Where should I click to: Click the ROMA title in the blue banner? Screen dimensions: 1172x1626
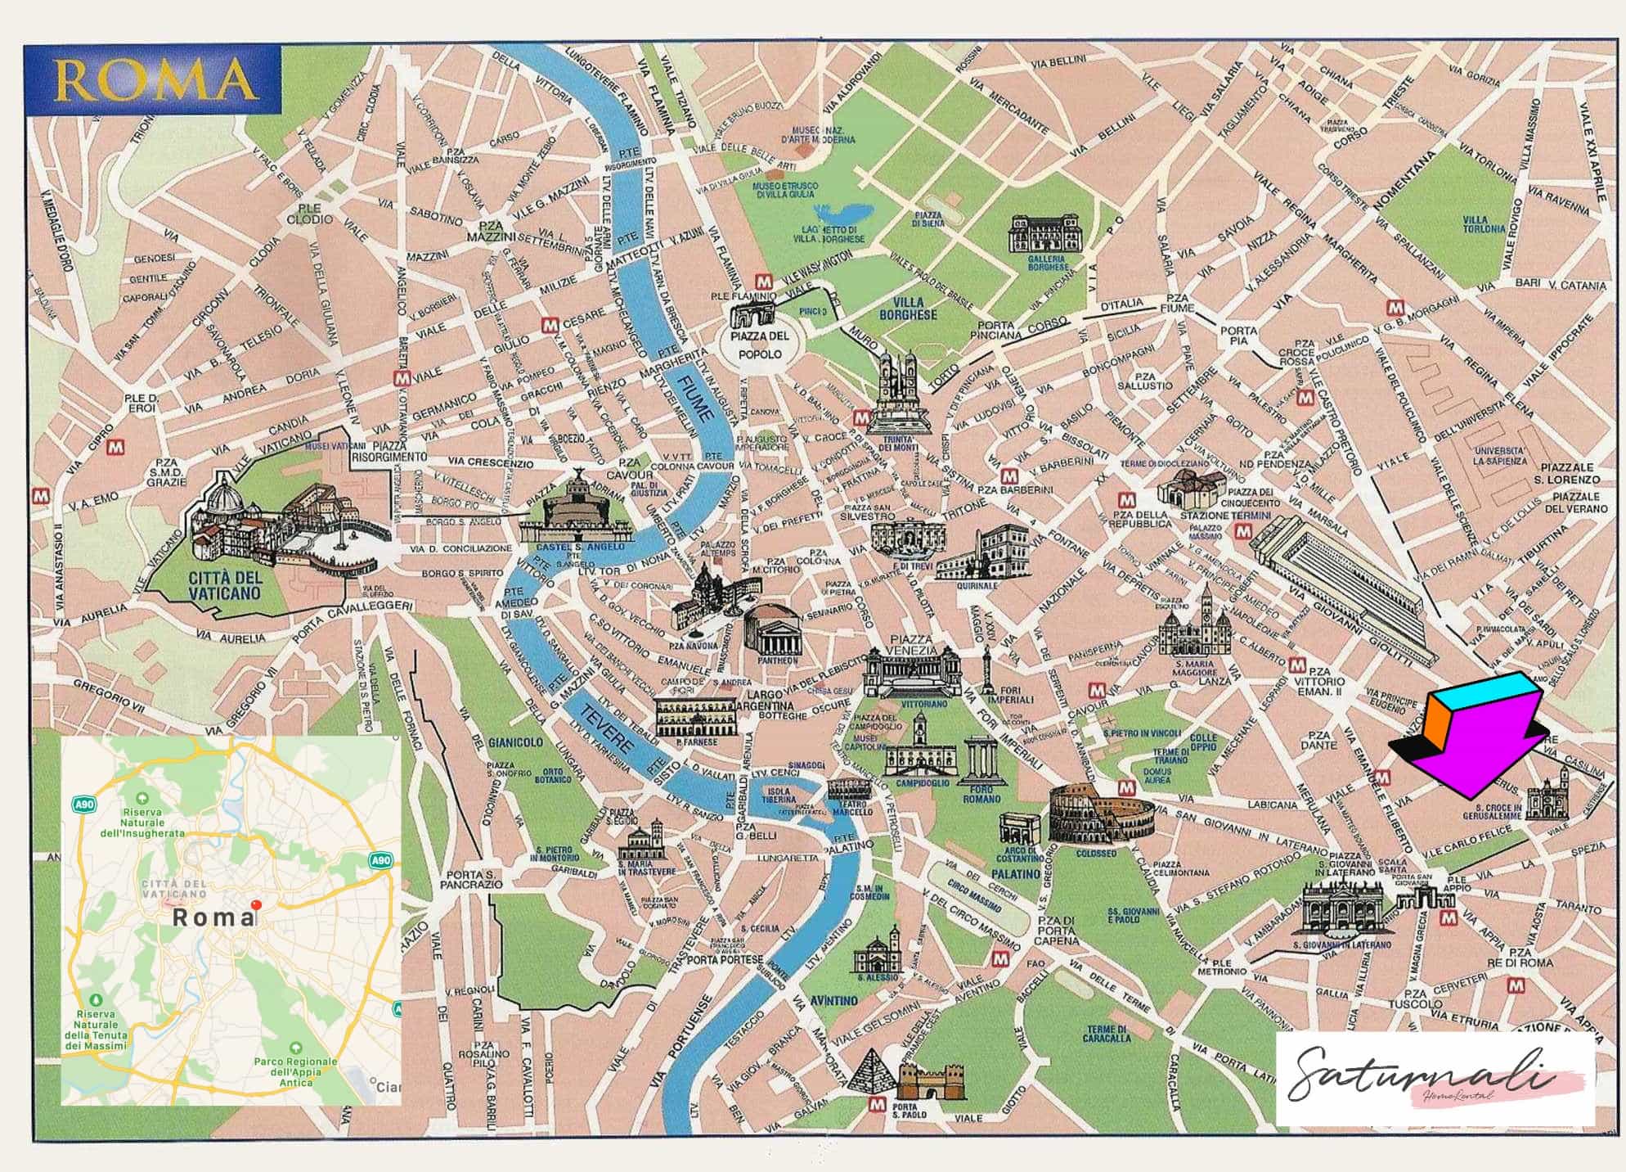click(x=154, y=80)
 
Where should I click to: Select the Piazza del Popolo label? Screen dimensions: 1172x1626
click(x=761, y=345)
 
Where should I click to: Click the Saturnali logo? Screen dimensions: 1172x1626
click(x=1423, y=1076)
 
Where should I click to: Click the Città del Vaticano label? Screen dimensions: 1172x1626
click(x=224, y=586)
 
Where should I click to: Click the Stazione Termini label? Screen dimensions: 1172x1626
click(x=1225, y=516)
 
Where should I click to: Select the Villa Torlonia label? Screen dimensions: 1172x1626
click(x=1484, y=224)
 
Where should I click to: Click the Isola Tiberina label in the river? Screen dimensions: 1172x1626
click(x=779, y=796)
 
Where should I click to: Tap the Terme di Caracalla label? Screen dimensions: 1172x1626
click(x=1108, y=1034)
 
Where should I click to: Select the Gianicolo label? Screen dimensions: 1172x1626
click(x=515, y=742)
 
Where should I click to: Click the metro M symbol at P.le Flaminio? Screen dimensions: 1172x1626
click(x=762, y=281)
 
